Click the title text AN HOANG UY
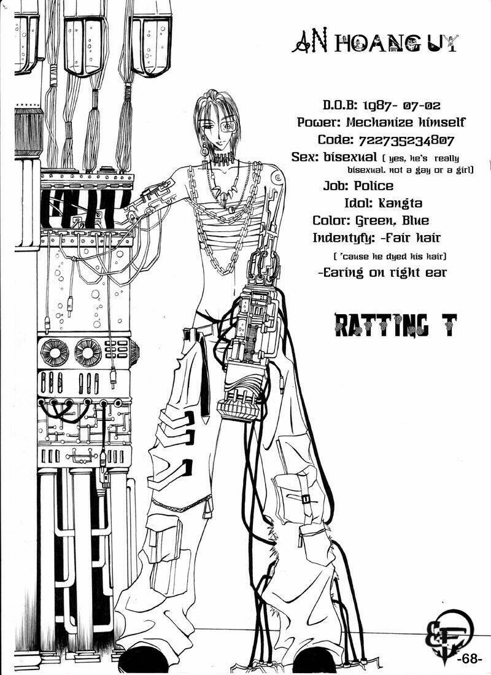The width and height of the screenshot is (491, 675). tap(374, 44)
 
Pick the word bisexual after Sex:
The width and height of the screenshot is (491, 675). tap(344, 157)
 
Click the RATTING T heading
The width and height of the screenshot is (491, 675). tap(395, 325)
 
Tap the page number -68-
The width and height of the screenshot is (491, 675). tap(470, 658)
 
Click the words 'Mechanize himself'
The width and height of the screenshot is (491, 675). tap(401, 121)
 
